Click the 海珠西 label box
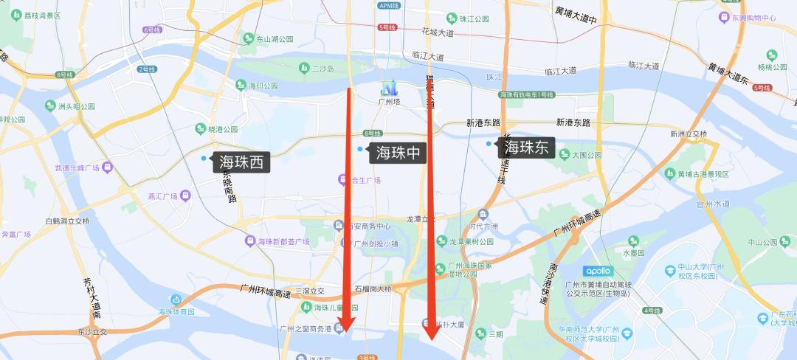pyautogui.click(x=241, y=162)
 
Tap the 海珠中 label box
pyautogui.click(x=398, y=153)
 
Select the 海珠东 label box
pyautogui.click(x=525, y=148)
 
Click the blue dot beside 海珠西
pyautogui.click(x=204, y=158)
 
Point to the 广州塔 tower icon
pyautogui.click(x=387, y=87)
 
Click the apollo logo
pyautogui.click(x=602, y=270)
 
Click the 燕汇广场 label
pyautogui.click(x=158, y=196)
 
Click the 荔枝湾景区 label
pyautogui.click(x=41, y=15)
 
